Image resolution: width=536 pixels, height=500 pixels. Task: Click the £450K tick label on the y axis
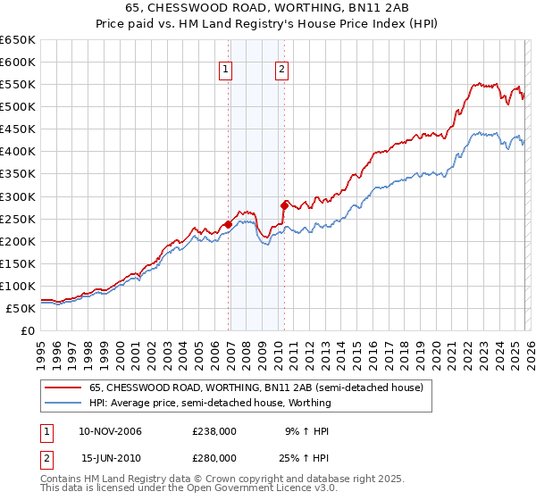coord(18,129)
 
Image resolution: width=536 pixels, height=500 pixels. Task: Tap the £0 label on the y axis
coord(27,330)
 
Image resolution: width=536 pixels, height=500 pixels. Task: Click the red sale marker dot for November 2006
coord(228,224)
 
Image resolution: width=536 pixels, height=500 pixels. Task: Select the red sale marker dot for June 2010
coord(284,204)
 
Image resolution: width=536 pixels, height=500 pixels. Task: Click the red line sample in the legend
coord(63,387)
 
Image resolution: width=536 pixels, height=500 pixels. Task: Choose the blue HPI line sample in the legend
coord(63,403)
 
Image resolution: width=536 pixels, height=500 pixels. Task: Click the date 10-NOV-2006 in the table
coord(111,431)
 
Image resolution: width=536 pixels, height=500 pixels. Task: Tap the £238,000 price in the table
coord(214,431)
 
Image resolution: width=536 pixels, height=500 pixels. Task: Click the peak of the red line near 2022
coord(473,82)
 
